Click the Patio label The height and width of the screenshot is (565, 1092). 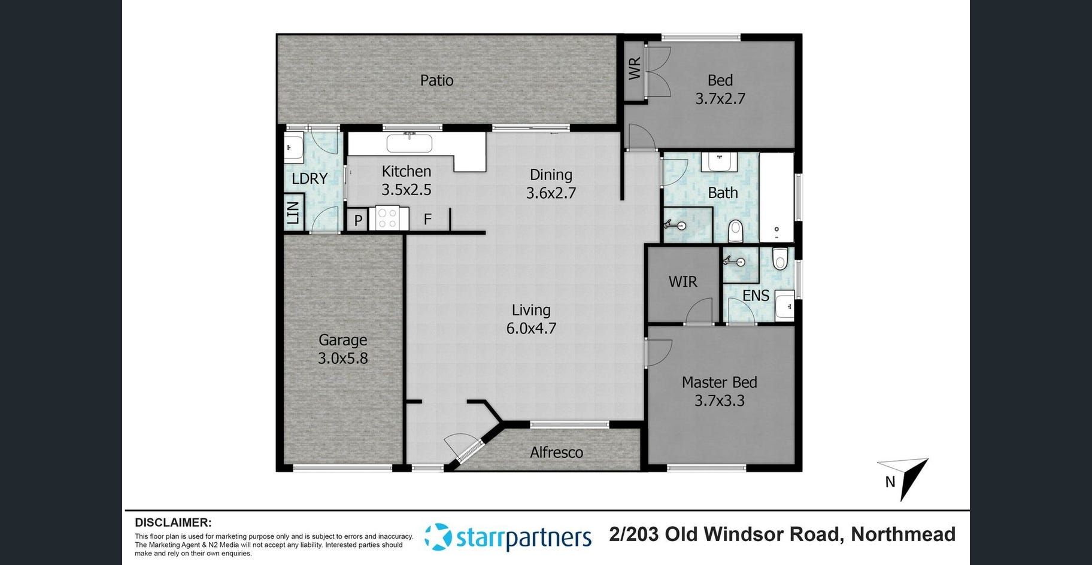tap(436, 80)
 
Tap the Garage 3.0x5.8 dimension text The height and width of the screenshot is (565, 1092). tap(342, 359)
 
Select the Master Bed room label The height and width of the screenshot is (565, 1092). tap(720, 382)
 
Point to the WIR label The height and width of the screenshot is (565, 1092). tap(683, 281)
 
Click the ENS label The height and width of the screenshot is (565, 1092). tap(756, 296)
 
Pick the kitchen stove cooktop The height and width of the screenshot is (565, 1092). tap(388, 218)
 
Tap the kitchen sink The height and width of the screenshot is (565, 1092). tap(409, 144)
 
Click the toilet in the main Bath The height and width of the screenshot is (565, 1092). tap(736, 230)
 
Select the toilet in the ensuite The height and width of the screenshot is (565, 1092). tap(779, 259)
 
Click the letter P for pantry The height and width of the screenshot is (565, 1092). tap(358, 220)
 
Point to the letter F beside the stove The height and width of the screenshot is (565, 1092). tap(427, 219)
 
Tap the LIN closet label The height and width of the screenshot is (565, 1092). tap(293, 212)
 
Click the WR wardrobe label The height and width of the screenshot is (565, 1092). tap(635, 68)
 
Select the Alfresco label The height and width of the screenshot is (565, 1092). tap(556, 452)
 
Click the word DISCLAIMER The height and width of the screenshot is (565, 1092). tap(173, 523)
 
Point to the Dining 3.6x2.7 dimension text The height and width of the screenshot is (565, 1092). tap(551, 193)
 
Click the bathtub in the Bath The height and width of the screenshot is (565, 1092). tap(776, 198)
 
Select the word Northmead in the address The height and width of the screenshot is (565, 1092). tap(903, 534)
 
